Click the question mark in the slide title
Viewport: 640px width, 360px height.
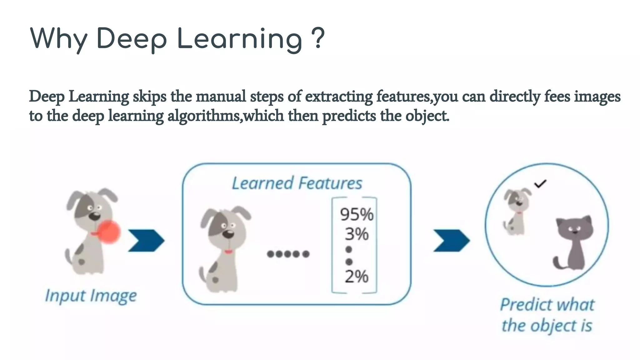[318, 38]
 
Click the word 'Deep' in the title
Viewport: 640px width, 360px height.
[132, 39]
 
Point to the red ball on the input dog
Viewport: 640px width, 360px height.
[109, 232]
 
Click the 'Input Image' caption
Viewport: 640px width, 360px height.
[91, 296]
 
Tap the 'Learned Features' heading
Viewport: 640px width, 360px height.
[297, 183]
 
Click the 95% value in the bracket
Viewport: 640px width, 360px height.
[357, 215]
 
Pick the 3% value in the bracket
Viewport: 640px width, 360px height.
[357, 234]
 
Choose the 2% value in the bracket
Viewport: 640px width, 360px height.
[357, 277]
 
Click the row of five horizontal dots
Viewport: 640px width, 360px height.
[288, 254]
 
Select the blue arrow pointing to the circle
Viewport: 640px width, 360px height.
[451, 240]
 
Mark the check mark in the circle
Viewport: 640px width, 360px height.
[540, 184]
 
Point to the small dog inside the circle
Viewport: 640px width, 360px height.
[516, 211]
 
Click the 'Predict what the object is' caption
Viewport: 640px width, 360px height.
[547, 315]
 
